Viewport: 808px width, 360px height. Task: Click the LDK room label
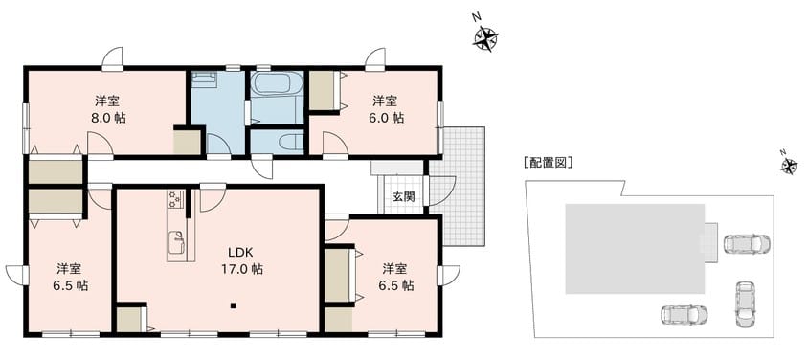(x=240, y=253)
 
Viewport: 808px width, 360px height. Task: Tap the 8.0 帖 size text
(x=108, y=118)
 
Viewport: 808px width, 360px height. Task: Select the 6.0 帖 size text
(x=386, y=118)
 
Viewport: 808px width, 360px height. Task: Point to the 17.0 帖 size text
(x=240, y=269)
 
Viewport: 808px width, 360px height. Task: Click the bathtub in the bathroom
(x=277, y=83)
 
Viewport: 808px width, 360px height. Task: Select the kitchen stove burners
(x=175, y=199)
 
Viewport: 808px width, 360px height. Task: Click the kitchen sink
(x=176, y=242)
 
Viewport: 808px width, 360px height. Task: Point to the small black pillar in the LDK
(x=233, y=306)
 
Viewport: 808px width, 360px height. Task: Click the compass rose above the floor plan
(x=485, y=37)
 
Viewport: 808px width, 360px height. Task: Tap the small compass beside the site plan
(x=789, y=165)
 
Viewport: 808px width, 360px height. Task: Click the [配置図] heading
(x=548, y=163)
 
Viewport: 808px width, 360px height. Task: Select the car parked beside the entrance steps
(x=747, y=243)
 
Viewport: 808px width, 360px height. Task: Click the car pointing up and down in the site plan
(x=745, y=304)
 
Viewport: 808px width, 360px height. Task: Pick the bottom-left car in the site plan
(x=684, y=315)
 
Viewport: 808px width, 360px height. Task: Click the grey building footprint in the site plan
(x=635, y=249)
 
